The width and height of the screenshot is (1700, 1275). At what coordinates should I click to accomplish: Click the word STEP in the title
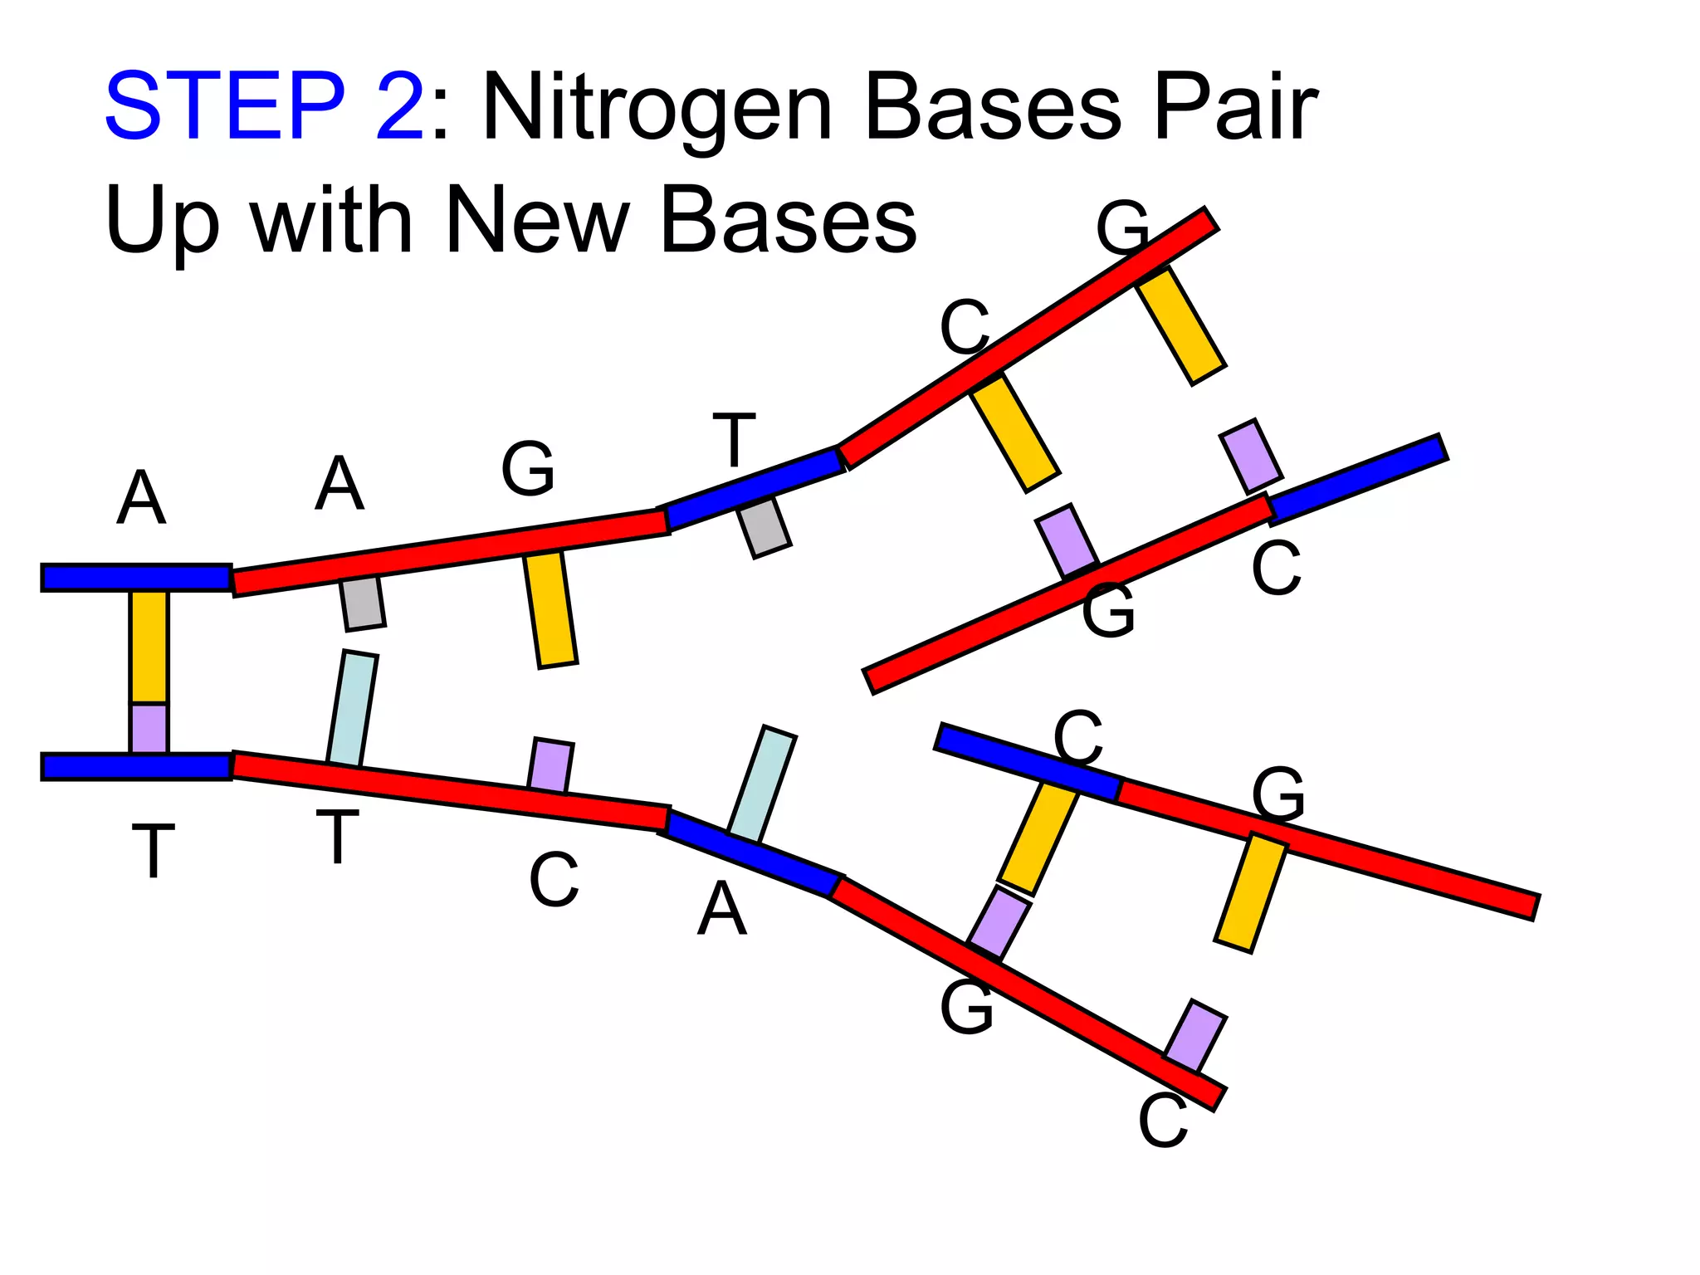[225, 105]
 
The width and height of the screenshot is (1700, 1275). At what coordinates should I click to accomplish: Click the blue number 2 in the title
[399, 105]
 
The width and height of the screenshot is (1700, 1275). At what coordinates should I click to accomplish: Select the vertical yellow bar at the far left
[149, 647]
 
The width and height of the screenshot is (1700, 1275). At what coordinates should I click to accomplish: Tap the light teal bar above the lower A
[762, 784]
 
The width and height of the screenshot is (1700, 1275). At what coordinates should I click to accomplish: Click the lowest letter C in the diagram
[1163, 1121]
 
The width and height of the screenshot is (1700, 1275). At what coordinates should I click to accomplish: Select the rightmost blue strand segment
[1358, 479]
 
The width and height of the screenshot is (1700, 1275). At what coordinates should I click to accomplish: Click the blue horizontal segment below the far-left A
[137, 577]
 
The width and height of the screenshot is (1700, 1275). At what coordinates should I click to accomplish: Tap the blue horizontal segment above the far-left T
[137, 766]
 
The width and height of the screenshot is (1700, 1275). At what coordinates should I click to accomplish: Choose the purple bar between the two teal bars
[550, 766]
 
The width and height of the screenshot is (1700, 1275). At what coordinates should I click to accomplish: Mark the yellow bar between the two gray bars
[550, 608]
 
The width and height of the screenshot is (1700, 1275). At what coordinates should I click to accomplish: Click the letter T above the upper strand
[735, 440]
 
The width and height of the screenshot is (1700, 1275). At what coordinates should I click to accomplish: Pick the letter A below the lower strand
[722, 908]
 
